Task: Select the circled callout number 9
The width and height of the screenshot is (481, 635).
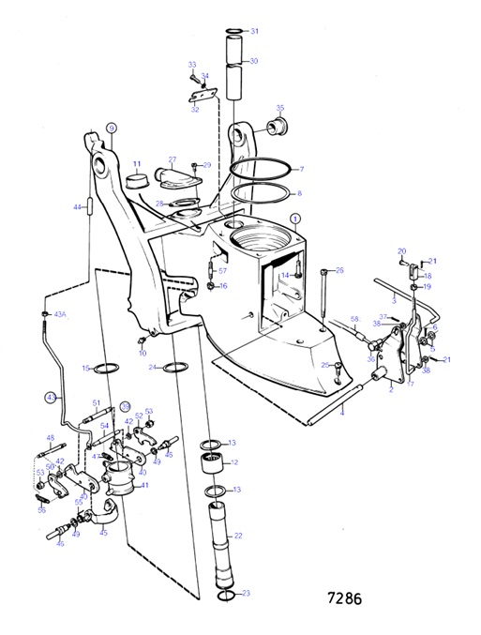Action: click(x=111, y=129)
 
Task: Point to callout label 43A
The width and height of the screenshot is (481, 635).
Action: click(x=61, y=314)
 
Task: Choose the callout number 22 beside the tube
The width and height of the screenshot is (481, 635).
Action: click(x=238, y=536)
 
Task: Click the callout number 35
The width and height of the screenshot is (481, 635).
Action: click(x=280, y=108)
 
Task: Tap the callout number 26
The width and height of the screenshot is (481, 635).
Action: click(x=339, y=270)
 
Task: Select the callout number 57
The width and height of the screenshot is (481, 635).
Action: click(x=223, y=270)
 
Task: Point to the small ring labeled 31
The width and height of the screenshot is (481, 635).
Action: click(x=232, y=32)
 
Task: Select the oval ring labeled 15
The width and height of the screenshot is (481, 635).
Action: click(x=108, y=368)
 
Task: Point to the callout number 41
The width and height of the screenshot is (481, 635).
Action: click(x=144, y=485)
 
